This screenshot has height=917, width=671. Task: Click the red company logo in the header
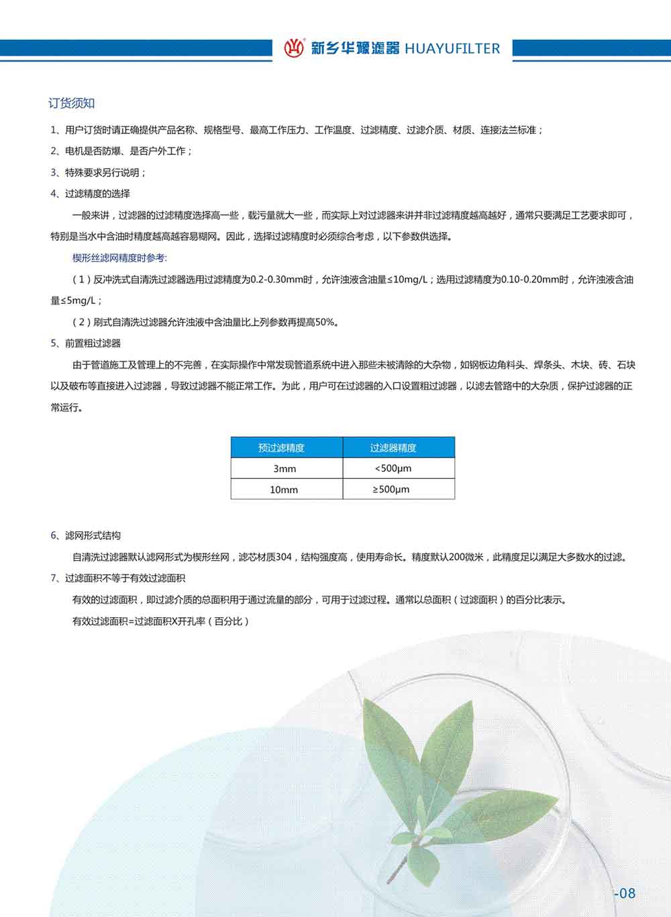(x=294, y=48)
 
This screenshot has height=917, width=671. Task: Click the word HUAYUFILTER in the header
(x=452, y=48)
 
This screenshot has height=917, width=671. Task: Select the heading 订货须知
(x=72, y=103)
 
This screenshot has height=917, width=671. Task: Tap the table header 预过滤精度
(x=281, y=447)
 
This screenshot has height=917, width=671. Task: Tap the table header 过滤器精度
(x=393, y=447)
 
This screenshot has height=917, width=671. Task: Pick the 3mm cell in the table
(x=285, y=468)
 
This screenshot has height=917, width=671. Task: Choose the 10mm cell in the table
(x=284, y=489)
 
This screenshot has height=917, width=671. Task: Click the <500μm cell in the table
(x=393, y=468)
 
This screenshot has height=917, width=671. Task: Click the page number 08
(x=625, y=893)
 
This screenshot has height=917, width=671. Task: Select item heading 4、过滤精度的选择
(x=91, y=194)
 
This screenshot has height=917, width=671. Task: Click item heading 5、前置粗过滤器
(x=86, y=343)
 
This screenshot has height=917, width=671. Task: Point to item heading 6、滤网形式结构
(x=86, y=535)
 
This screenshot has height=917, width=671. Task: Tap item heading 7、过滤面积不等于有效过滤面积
(x=118, y=578)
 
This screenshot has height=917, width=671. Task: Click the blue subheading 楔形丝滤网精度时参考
(x=119, y=258)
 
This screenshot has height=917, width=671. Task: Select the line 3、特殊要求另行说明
(x=99, y=172)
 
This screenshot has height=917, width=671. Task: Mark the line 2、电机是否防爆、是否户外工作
(x=121, y=151)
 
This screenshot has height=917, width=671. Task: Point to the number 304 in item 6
(x=283, y=557)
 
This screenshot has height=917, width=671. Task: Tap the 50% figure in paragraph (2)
(x=325, y=322)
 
